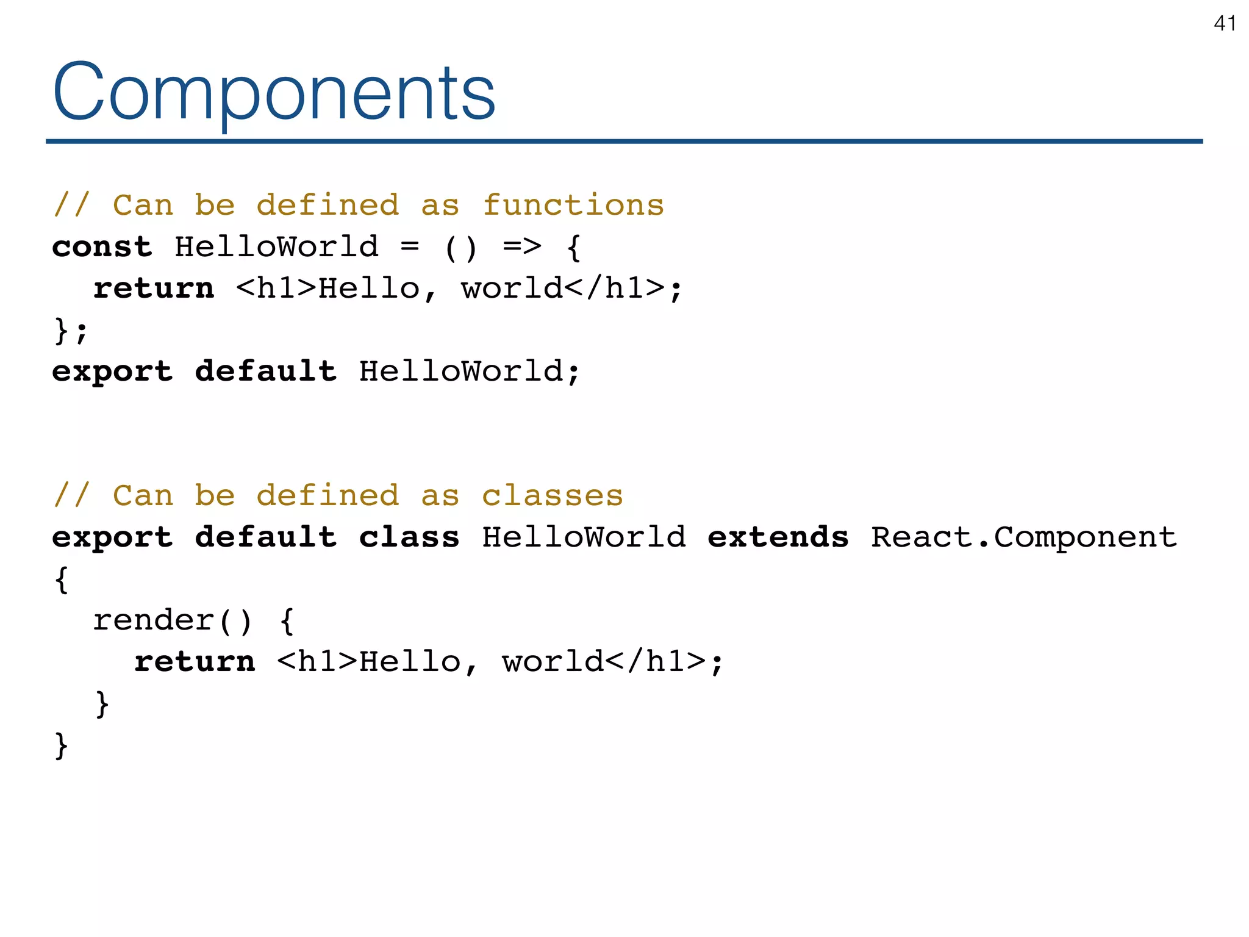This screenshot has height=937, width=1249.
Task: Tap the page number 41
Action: tap(1225, 23)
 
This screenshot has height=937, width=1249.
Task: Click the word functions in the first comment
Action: tap(573, 206)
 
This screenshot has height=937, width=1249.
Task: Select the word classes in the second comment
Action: tap(553, 495)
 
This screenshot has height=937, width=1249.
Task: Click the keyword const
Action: tap(102, 247)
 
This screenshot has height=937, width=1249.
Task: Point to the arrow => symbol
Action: tap(522, 247)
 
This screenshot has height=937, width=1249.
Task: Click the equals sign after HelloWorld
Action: tap(410, 247)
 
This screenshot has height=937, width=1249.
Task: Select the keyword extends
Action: tap(778, 537)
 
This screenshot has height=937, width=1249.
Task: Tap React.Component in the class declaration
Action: tap(1023, 537)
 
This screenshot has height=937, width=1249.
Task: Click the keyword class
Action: tap(409, 537)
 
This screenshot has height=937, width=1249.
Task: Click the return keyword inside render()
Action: tap(195, 662)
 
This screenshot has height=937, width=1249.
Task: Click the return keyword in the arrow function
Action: tap(154, 289)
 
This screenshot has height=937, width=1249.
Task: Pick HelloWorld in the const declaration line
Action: tap(276, 247)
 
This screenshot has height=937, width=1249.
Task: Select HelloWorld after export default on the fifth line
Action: tap(461, 372)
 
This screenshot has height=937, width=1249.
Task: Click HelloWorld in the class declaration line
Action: tap(584, 537)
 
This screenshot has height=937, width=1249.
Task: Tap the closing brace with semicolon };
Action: tap(71, 331)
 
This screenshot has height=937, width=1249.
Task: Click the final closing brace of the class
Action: tap(61, 745)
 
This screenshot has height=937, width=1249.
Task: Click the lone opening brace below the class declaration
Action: tap(61, 579)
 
